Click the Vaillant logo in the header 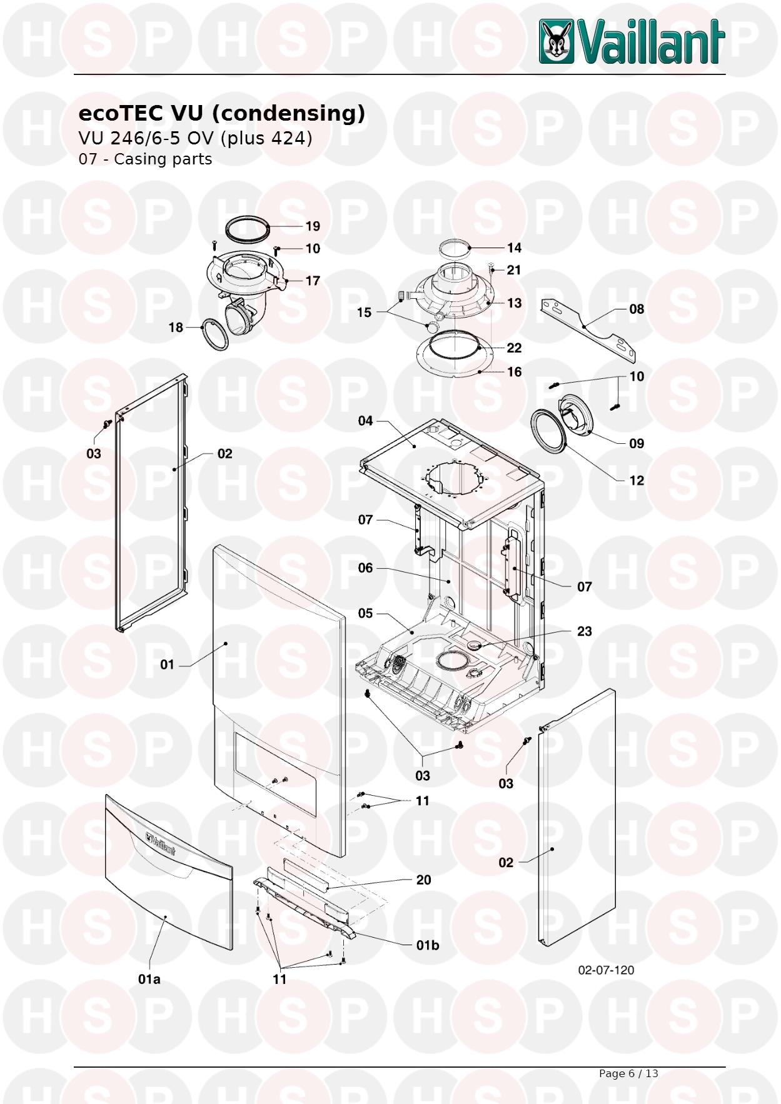tap(632, 41)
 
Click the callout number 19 tap(313, 226)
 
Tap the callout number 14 tap(514, 248)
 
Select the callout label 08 tap(636, 309)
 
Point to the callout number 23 tap(584, 631)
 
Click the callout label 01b tap(428, 945)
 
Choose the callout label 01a tap(149, 979)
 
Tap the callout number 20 tap(423, 880)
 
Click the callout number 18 tap(176, 328)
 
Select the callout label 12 tap(636, 481)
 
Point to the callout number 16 tap(514, 372)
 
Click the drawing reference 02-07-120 tap(606, 970)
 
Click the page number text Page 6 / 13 tap(628, 1073)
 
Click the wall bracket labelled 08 tap(591, 330)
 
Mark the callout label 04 tap(365, 421)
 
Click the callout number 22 tap(514, 348)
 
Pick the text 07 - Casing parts tap(145, 159)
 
